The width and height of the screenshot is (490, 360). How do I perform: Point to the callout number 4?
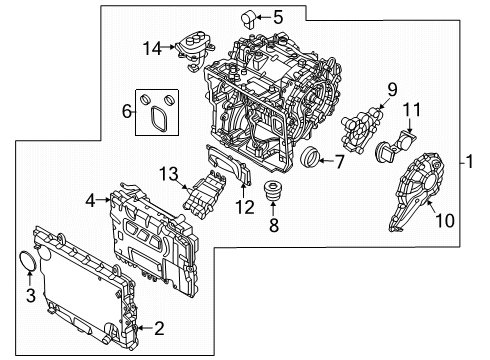pos(91,201)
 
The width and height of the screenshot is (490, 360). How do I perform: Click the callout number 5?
pos(250,16)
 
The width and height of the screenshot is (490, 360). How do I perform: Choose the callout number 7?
pos(338,160)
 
